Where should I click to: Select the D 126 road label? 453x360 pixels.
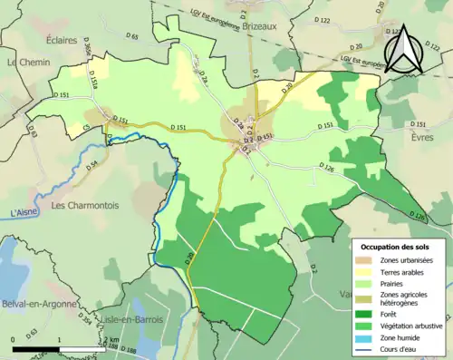(329, 166)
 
